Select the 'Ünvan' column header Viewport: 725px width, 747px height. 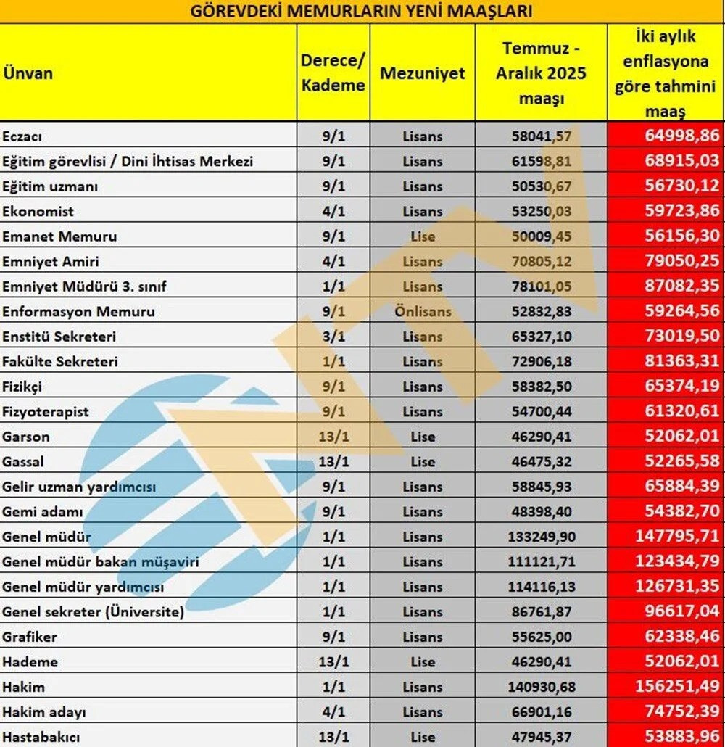click(28, 73)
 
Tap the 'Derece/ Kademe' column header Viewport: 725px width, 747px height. click(333, 73)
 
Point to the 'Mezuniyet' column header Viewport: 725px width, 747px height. click(422, 73)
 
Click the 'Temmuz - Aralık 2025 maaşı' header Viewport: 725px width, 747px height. click(541, 73)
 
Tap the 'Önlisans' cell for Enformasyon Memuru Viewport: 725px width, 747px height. click(422, 312)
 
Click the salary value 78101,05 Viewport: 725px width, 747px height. click(542, 286)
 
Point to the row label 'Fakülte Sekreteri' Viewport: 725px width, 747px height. click(60, 361)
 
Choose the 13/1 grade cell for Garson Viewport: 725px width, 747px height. click(333, 437)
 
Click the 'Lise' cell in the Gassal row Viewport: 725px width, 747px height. click(422, 461)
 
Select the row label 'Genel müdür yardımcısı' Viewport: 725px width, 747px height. click(83, 587)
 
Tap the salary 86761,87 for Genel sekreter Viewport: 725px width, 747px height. click(542, 611)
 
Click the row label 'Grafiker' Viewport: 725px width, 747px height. click(30, 637)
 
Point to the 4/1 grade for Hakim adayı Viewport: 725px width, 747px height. click(333, 711)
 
